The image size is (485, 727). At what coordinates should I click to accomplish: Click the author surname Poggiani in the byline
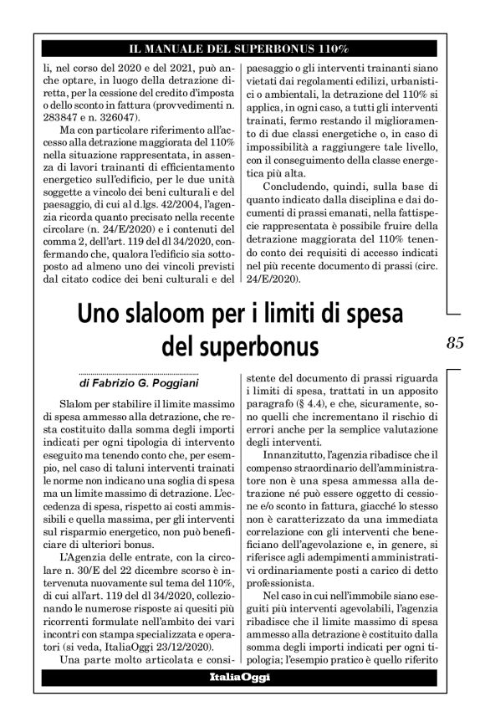coord(168,383)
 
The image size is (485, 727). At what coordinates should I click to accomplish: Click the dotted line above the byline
coord(138,373)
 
